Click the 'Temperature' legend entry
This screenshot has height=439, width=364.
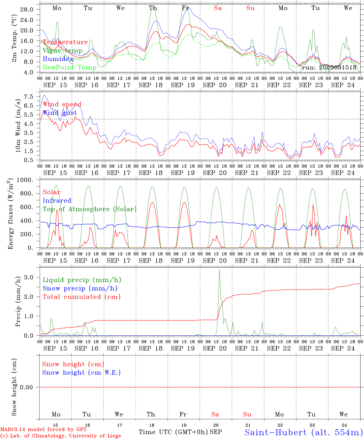click(x=65, y=42)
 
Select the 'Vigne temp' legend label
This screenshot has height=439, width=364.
click(x=62, y=51)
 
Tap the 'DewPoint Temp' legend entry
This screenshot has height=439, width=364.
click(x=70, y=67)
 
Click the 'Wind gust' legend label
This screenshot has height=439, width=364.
click(x=60, y=113)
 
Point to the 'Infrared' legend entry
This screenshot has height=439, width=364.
click(x=57, y=201)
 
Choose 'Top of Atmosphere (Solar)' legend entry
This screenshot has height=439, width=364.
click(x=90, y=209)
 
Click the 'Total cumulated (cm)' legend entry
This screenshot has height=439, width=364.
click(x=81, y=297)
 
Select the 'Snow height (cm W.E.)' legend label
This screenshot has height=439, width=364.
click(x=81, y=373)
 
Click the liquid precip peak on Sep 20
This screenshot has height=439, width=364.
click(x=219, y=270)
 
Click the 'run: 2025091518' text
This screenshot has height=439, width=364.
click(x=329, y=67)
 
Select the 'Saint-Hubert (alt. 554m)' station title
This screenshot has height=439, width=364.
click(x=303, y=432)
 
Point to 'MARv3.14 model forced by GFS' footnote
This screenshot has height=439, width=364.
click(x=43, y=429)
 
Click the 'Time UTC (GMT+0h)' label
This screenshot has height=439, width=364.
click(x=173, y=432)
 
